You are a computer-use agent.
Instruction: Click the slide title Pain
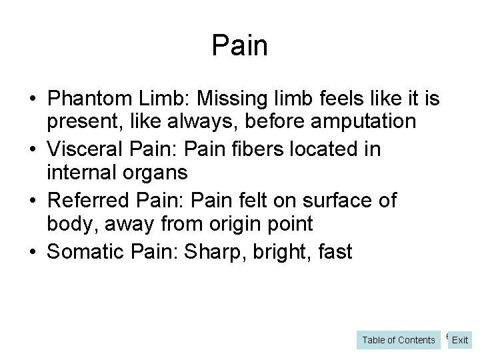click(x=239, y=46)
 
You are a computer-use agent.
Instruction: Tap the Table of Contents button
click(x=398, y=340)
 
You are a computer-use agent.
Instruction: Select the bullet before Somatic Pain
click(x=32, y=252)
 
